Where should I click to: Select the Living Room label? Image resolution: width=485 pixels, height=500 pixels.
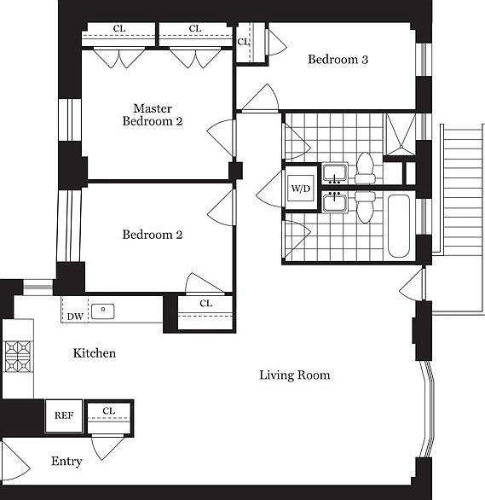click(x=295, y=375)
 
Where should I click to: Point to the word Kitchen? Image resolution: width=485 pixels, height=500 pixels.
click(x=94, y=352)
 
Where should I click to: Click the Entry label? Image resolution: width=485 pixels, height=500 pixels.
click(x=66, y=462)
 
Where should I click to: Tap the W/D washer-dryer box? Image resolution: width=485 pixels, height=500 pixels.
click(x=300, y=189)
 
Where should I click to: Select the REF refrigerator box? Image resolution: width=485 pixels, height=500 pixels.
click(x=63, y=416)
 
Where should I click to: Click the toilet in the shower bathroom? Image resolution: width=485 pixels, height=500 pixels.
click(x=365, y=167)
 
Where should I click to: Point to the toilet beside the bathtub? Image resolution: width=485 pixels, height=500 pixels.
click(x=365, y=206)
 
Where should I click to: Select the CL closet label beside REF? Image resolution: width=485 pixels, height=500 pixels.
click(x=108, y=411)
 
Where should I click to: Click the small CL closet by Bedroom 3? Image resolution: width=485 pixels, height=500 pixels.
click(x=244, y=42)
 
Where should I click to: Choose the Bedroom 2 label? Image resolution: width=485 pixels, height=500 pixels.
click(x=152, y=235)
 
